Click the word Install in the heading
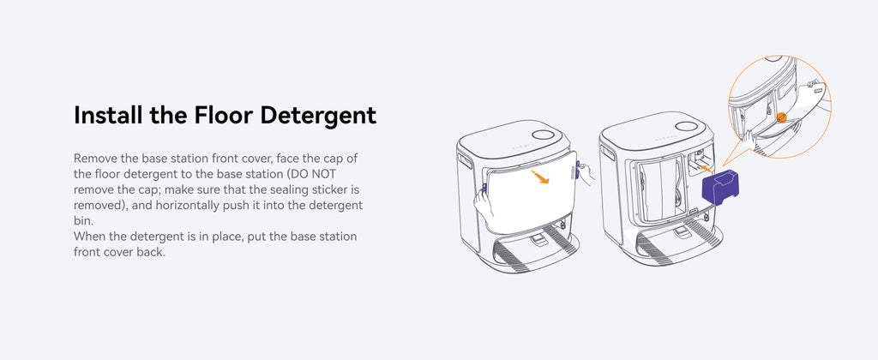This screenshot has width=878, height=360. [107, 115]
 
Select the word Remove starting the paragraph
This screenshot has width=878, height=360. [93, 158]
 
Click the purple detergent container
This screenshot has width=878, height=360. [720, 188]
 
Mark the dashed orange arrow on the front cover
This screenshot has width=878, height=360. [540, 177]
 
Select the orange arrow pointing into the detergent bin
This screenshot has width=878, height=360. [707, 167]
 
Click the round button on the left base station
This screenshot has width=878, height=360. [542, 135]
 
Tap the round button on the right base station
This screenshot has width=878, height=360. [686, 126]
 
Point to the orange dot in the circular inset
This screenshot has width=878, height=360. [782, 117]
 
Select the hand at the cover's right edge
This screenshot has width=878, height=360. [586, 172]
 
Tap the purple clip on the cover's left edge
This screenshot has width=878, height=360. [484, 189]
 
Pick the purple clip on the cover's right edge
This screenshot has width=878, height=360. [577, 169]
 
